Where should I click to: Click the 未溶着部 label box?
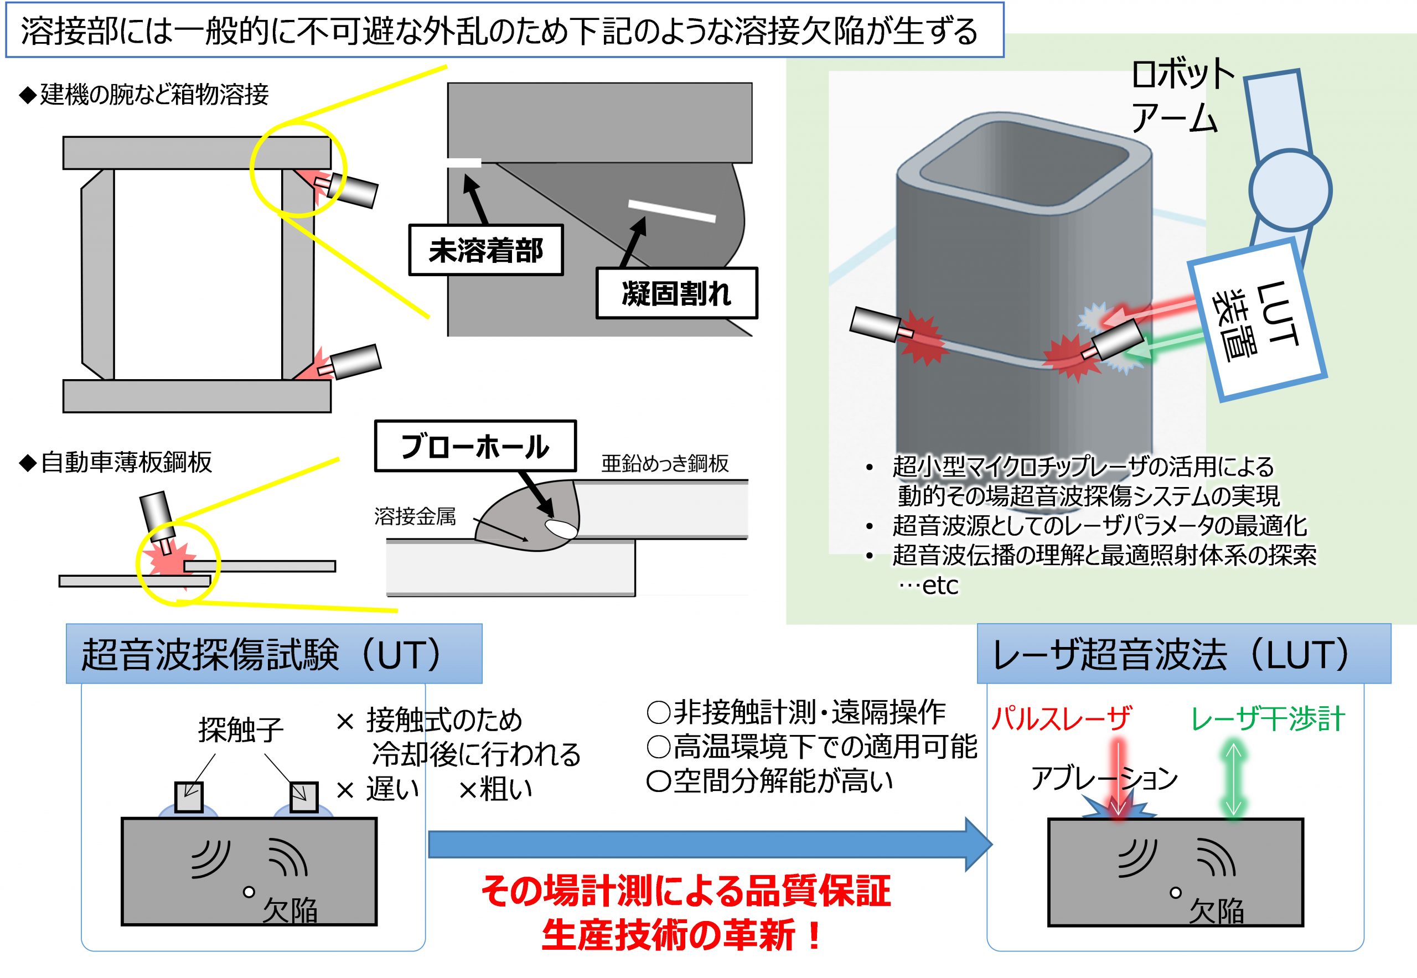[485, 250]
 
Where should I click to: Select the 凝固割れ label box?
[676, 293]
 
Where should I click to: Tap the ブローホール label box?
[475, 446]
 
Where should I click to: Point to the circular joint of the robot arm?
[1290, 189]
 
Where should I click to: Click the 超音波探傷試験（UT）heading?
[274, 654]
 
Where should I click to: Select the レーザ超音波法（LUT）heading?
[1183, 654]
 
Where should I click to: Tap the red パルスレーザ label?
[1061, 718]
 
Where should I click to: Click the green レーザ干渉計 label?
[1268, 718]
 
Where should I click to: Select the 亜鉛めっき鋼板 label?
[665, 464]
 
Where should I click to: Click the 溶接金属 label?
[415, 516]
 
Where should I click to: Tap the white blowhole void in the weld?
[561, 528]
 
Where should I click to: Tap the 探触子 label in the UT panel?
[240, 730]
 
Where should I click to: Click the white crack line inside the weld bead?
[672, 211]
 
